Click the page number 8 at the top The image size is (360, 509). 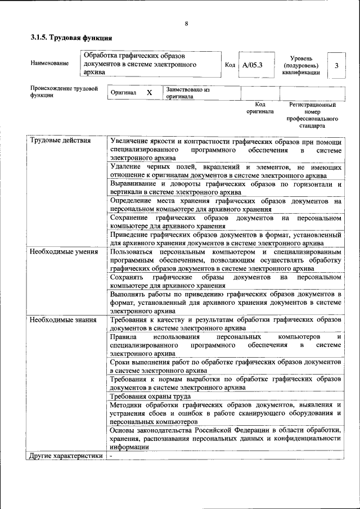click(186, 23)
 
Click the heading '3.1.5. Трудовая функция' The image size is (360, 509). click(71, 38)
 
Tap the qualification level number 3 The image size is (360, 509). click(336, 66)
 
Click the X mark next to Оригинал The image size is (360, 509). click(150, 92)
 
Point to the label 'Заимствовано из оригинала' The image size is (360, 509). click(188, 93)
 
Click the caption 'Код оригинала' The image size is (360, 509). click(260, 108)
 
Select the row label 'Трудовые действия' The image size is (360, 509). click(60, 141)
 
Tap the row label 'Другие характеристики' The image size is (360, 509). click(66, 456)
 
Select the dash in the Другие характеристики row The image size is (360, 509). click(112, 456)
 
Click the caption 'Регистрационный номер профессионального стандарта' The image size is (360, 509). click(312, 115)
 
